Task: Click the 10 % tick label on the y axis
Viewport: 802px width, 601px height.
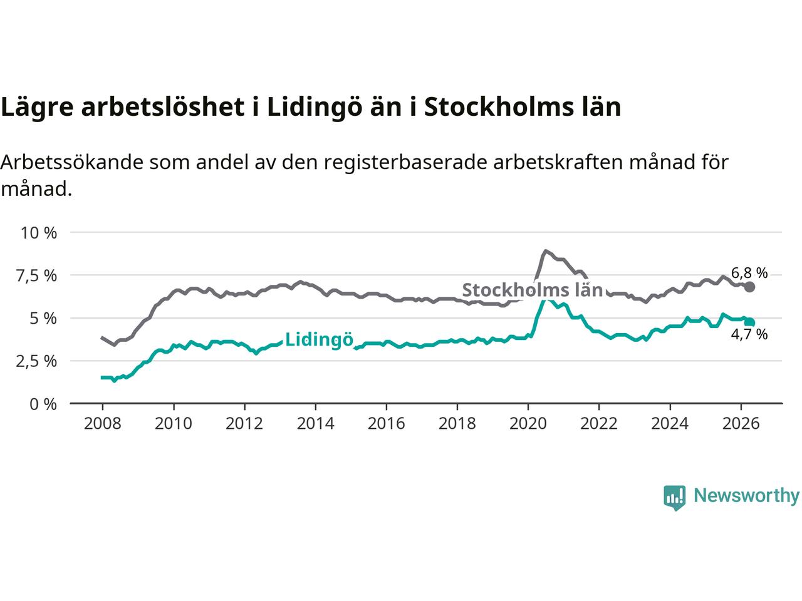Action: point(39,233)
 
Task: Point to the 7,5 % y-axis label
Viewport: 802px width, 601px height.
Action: point(36,276)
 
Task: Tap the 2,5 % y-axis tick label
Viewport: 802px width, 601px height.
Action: point(36,361)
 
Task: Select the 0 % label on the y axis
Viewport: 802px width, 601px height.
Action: point(43,404)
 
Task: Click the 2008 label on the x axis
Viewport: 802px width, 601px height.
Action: point(102,424)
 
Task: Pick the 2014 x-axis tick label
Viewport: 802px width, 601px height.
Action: point(315,424)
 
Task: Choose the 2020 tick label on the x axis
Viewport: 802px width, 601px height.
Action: point(528,424)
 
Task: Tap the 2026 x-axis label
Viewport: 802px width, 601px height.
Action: point(741,424)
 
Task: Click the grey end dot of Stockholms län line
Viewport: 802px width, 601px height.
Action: point(749,287)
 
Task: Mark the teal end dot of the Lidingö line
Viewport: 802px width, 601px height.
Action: point(750,322)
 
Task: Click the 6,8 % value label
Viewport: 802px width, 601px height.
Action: point(749,273)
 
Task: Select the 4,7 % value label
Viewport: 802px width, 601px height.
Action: point(749,334)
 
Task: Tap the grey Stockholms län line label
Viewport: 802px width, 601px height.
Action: point(533,290)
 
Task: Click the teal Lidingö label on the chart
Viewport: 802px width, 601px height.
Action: point(319,340)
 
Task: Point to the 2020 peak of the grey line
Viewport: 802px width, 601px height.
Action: point(545,250)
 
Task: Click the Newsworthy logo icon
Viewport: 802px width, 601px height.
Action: point(674,497)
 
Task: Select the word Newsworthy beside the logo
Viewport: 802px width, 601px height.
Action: point(746,496)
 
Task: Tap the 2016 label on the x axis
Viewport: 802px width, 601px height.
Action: point(386,424)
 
